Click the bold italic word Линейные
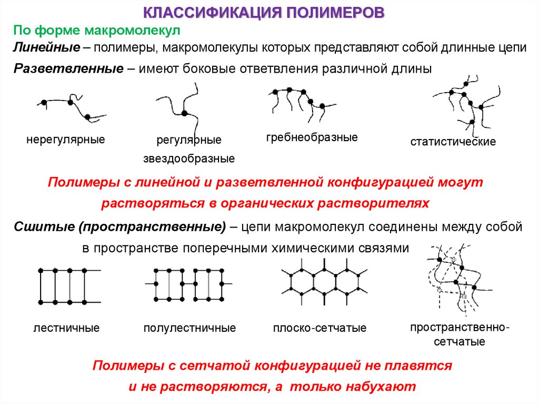pyautogui.click(x=46, y=47)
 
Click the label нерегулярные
pyautogui.click(x=66, y=140)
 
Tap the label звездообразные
pyautogui.click(x=189, y=159)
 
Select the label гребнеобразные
pyautogui.click(x=312, y=137)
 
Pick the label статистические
pyautogui.click(x=453, y=142)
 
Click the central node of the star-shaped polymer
pyautogui.click(x=184, y=113)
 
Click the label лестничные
pyautogui.click(x=66, y=328)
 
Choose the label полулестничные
pyautogui.click(x=189, y=328)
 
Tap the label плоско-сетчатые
pyautogui.click(x=320, y=328)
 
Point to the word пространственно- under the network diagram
pyautogui.click(x=460, y=327)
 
